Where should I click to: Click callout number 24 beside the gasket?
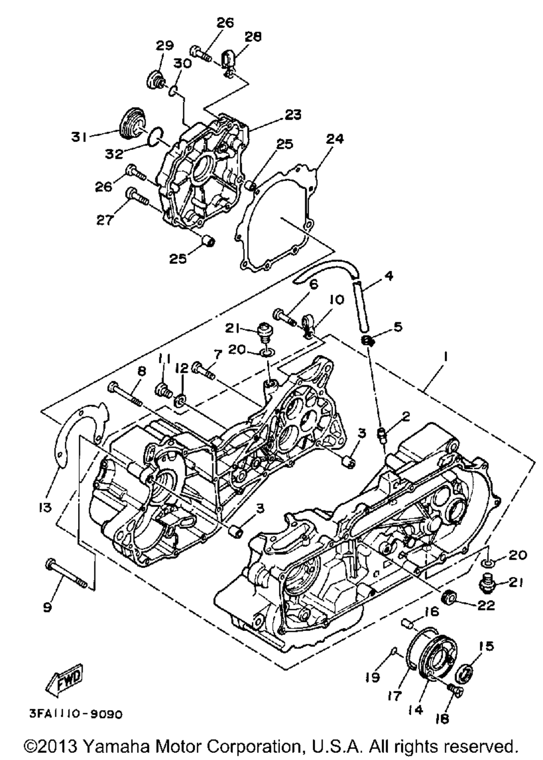(x=334, y=140)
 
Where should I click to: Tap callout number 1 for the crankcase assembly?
(x=446, y=358)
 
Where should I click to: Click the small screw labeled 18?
(x=455, y=691)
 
